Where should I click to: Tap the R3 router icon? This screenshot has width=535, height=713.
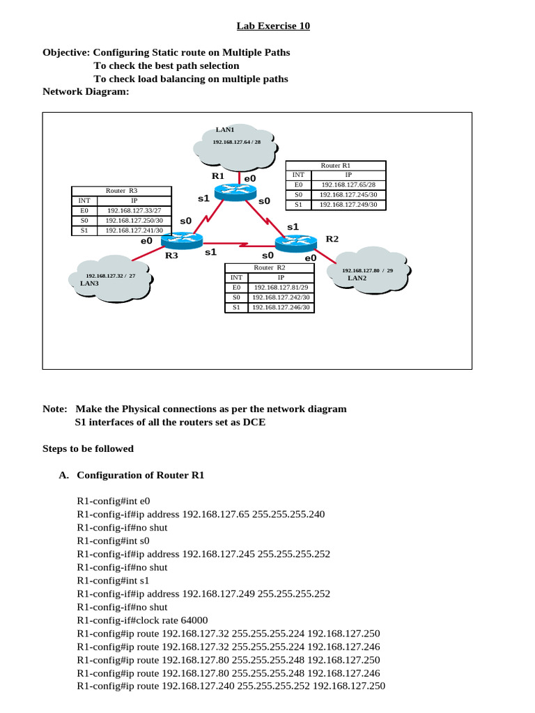coord(180,241)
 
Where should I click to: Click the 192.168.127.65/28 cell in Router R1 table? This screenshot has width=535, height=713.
coord(348,185)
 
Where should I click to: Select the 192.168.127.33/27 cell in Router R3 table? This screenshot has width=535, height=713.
coord(134,210)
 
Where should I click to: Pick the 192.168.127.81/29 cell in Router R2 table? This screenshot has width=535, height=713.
coord(280,287)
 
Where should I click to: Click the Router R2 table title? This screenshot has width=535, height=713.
coord(269,267)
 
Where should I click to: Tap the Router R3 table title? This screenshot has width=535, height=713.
coord(121,190)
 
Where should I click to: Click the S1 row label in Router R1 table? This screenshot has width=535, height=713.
coord(298,205)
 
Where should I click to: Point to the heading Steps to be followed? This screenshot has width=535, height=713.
coord(88,449)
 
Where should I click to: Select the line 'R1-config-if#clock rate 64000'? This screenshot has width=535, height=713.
coord(142,620)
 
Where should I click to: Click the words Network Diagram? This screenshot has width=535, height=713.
coord(86,91)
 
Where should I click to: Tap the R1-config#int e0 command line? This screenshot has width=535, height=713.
coord(113,501)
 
